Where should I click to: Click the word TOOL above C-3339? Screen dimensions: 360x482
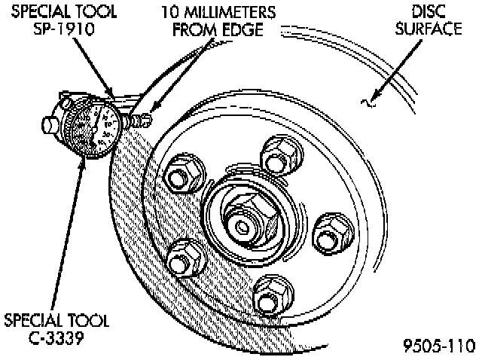click(88, 320)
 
